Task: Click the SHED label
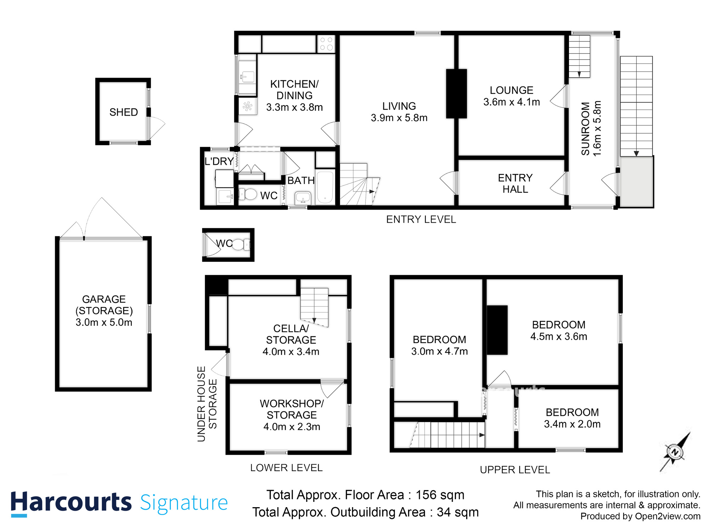123,112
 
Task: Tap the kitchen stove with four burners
326,44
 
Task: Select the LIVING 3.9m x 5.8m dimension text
399,118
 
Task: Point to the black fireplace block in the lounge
456,94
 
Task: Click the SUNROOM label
585,129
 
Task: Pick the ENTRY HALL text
515,183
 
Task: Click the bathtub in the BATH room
325,187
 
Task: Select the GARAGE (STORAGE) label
104,305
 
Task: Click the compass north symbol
675,452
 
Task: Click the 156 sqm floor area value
440,495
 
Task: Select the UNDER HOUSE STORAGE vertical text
207,404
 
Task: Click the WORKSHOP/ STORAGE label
291,409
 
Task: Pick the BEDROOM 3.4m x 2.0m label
572,418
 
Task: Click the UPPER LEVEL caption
515,470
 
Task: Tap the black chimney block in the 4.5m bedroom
497,330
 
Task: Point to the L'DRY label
219,161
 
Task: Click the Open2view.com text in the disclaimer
668,516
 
